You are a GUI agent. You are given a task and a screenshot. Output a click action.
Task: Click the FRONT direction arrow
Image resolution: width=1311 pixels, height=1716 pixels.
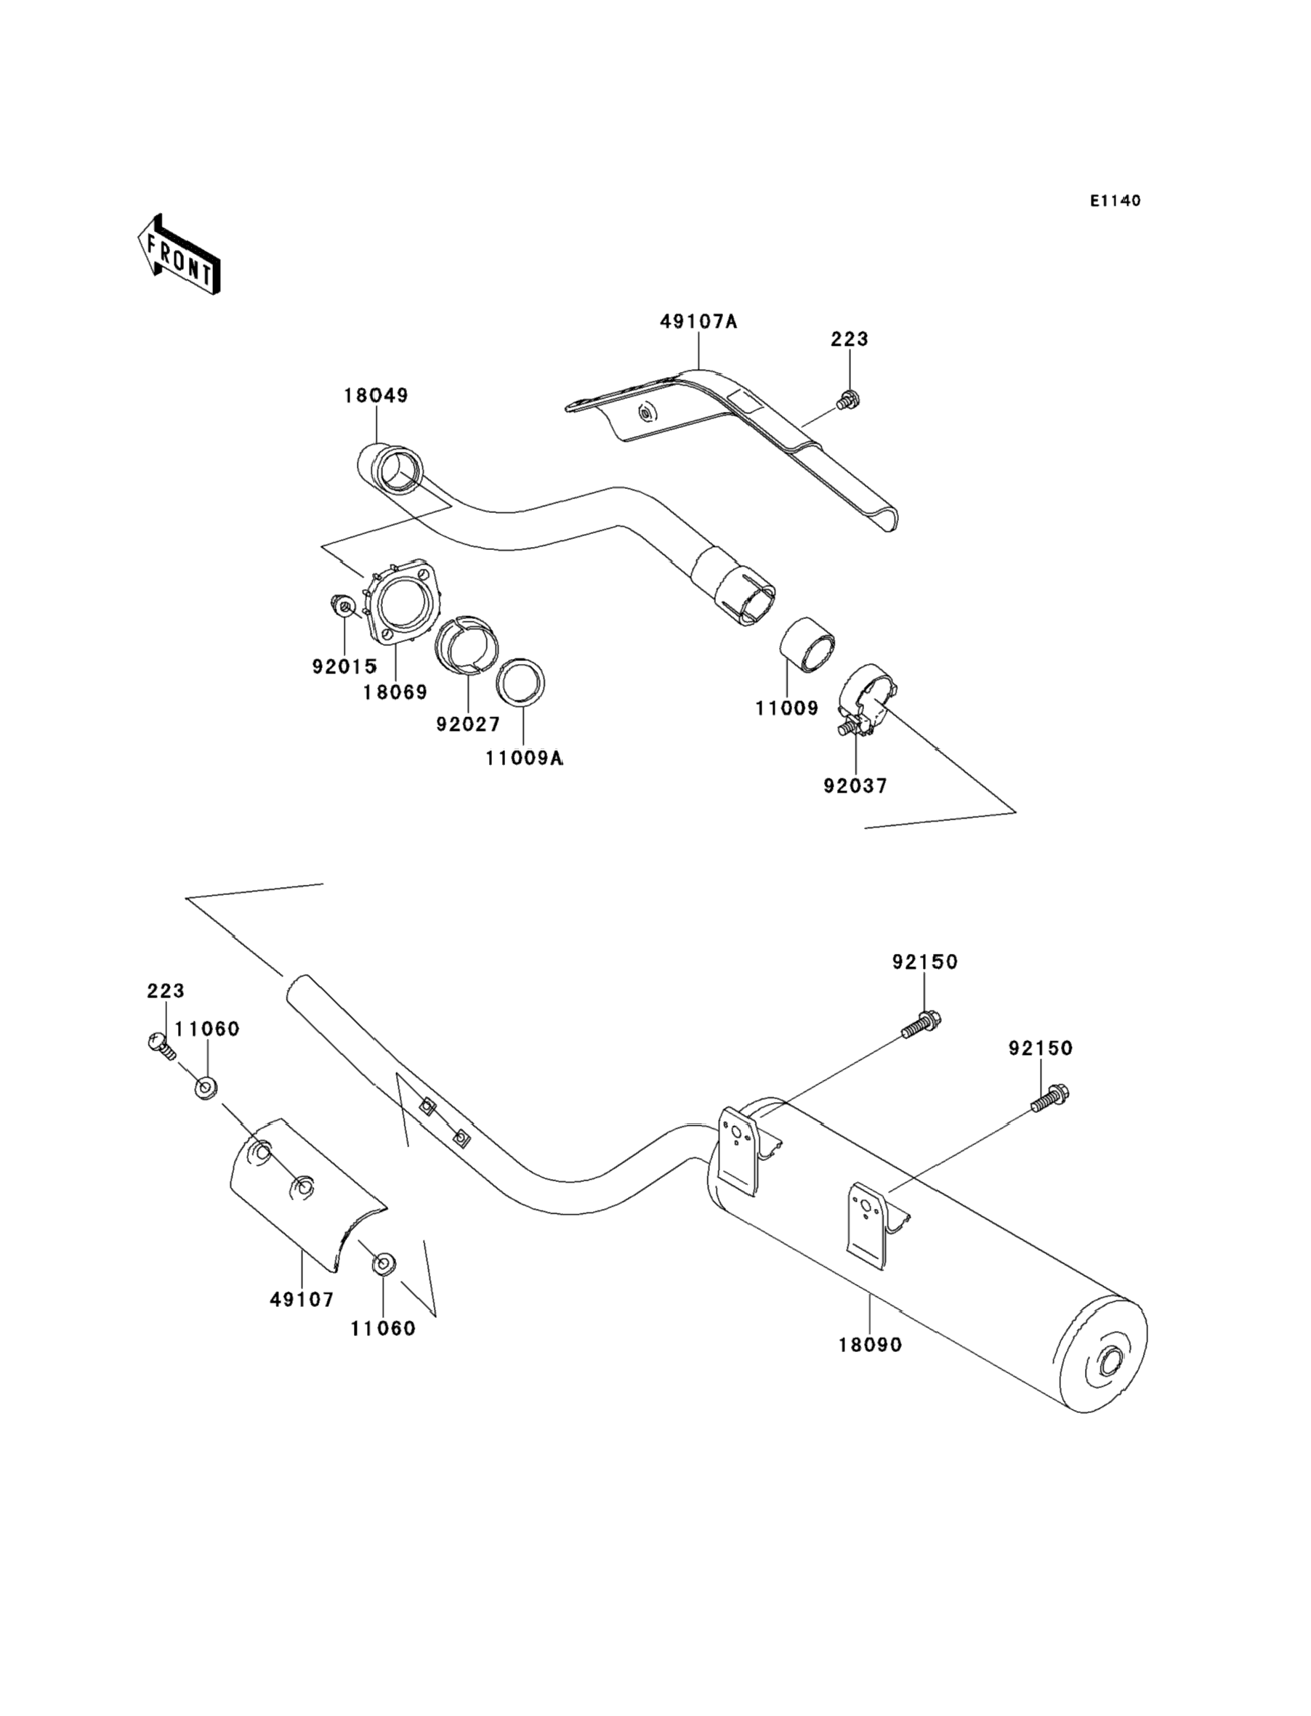pos(179,255)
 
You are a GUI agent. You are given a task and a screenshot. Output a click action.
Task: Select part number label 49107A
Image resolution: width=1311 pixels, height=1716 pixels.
pos(698,320)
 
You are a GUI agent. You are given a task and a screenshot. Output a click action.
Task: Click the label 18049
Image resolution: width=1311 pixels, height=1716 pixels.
pos(376,395)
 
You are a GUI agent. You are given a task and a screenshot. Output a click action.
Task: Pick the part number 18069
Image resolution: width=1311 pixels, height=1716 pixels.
pos(395,692)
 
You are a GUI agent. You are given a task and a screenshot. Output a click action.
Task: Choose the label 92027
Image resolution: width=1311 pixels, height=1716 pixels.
pos(468,724)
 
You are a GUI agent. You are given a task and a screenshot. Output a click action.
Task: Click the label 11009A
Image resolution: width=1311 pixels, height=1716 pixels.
pos(524,758)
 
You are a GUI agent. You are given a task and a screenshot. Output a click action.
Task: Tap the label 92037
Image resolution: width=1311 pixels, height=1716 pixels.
pos(855,785)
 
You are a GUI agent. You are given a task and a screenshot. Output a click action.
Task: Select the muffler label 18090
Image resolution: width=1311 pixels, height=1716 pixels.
pos(870,1345)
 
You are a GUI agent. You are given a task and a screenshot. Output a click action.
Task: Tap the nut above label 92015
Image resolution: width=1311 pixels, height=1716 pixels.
pos(344,605)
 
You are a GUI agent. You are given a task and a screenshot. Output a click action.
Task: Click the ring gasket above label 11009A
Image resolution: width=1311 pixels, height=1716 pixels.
pos(520,682)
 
